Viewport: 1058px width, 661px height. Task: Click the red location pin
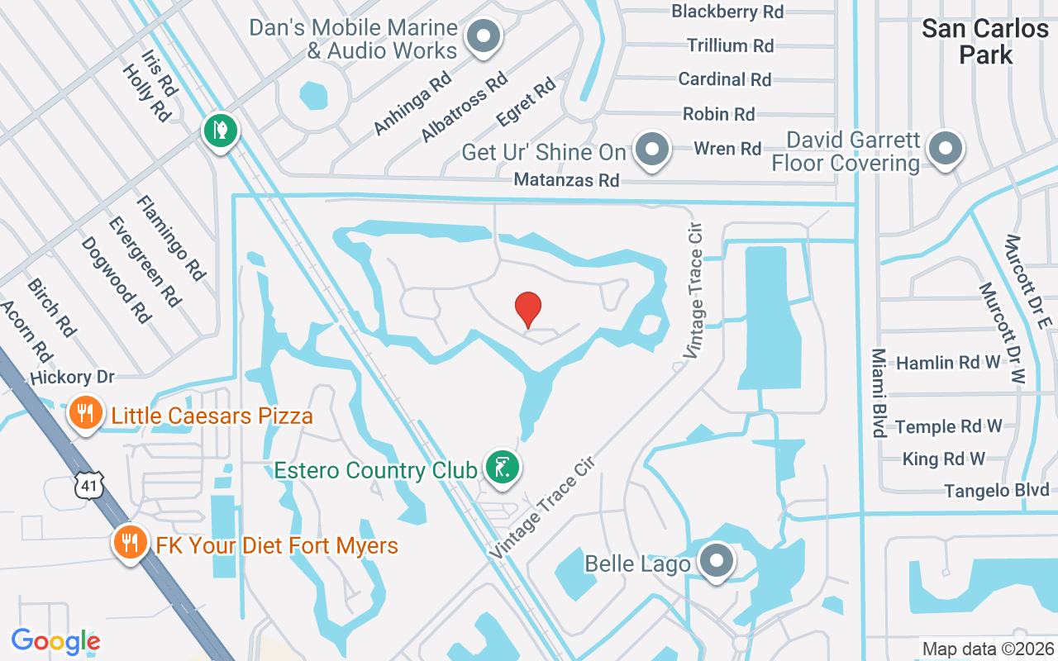pos(528,309)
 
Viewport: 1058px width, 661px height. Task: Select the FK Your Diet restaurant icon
pos(129,542)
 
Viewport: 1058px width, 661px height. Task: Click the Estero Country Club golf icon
pos(502,468)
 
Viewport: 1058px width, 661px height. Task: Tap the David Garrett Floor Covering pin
pos(943,150)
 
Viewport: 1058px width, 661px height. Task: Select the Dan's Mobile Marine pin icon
pos(484,36)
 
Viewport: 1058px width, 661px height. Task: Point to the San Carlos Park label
pos(984,41)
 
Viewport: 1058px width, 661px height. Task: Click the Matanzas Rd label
pos(566,179)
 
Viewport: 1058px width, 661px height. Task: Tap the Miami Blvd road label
pos(878,392)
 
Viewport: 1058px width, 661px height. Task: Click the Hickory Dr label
pos(72,378)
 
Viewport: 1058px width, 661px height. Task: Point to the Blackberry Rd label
pos(727,12)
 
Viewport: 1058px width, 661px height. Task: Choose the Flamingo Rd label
pos(170,237)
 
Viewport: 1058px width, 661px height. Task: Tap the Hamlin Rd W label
pos(949,363)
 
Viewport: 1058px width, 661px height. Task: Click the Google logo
pos(55,641)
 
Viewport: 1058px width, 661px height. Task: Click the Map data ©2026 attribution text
pos(988,649)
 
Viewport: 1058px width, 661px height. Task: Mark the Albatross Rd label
pos(464,107)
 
